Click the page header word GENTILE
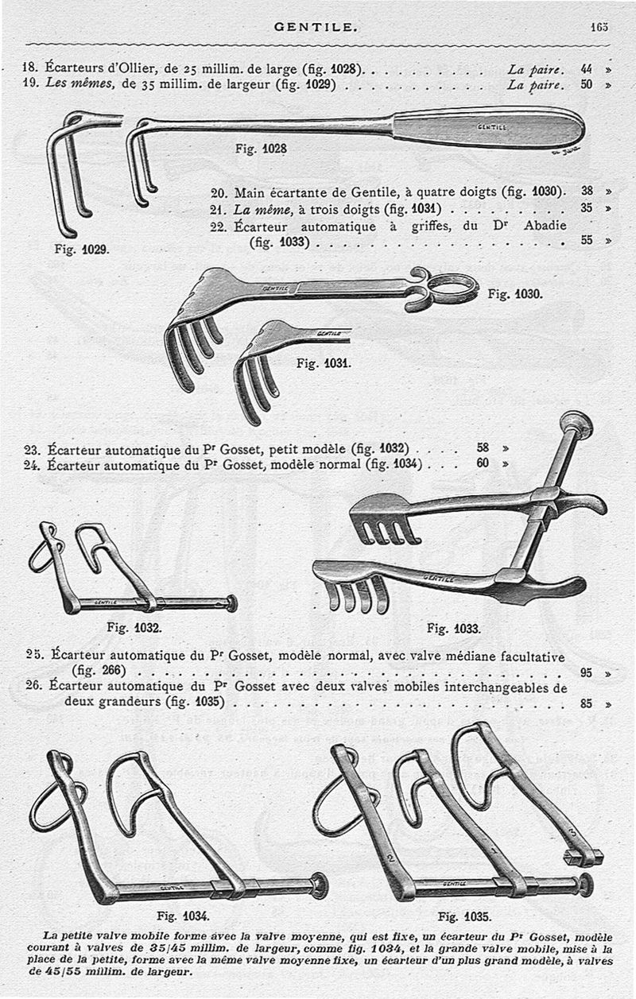click(x=316, y=26)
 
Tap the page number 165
click(x=599, y=26)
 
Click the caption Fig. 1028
click(x=261, y=148)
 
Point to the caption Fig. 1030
click(x=514, y=293)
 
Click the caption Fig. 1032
click(x=134, y=626)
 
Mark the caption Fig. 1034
click(x=184, y=914)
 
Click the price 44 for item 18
click(x=587, y=69)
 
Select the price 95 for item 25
click(x=587, y=672)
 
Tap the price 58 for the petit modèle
click(x=483, y=448)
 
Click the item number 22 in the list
click(x=219, y=226)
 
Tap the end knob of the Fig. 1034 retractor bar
click(x=320, y=885)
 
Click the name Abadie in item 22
click(x=545, y=226)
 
